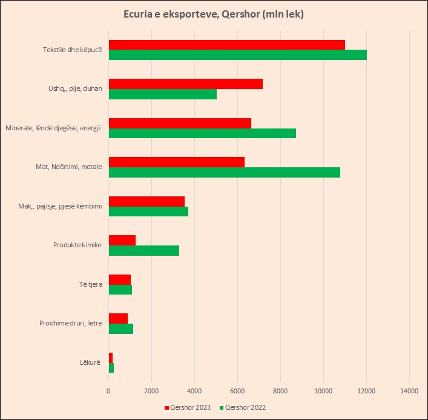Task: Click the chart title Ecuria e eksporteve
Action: tap(214, 14)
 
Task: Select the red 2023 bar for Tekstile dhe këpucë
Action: tap(227, 45)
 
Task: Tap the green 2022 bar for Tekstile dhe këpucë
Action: tap(237, 55)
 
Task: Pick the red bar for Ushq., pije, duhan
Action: tap(185, 84)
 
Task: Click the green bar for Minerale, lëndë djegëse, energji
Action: tap(202, 133)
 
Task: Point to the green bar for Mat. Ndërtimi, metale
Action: tap(224, 172)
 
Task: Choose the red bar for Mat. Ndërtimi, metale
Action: tap(176, 162)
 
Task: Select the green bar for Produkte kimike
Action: tap(143, 250)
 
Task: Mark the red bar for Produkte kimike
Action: tap(122, 240)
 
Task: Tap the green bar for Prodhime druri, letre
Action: tap(120, 328)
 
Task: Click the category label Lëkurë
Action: tap(90, 362)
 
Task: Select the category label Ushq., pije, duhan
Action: tap(75, 88)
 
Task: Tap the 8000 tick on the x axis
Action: tap(280, 391)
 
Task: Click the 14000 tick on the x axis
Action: tap(409, 391)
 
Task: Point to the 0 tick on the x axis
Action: tap(108, 391)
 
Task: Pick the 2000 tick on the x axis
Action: tap(151, 391)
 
